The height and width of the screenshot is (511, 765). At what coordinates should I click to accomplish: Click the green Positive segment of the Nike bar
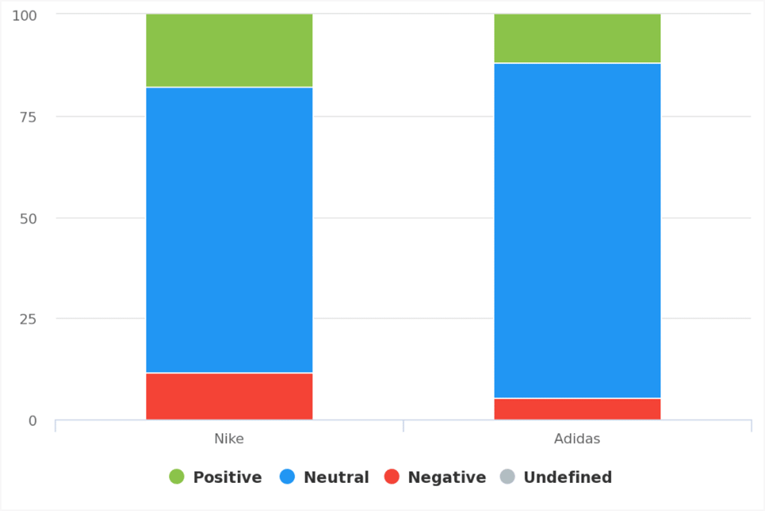[x=229, y=51]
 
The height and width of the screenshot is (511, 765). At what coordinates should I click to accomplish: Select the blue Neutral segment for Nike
[x=229, y=230]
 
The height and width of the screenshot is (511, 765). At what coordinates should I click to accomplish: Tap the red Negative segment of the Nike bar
[x=229, y=396]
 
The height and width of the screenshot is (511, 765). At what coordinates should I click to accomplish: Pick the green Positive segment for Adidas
[x=577, y=38]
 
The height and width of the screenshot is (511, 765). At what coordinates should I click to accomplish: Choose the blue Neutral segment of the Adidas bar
[x=577, y=230]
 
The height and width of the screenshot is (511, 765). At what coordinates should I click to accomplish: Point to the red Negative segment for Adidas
[x=577, y=409]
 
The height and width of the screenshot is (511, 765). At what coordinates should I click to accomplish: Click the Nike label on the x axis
[x=229, y=439]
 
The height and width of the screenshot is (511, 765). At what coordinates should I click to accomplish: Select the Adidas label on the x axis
[x=577, y=439]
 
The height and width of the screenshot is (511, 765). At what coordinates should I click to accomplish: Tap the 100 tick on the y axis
[x=25, y=15]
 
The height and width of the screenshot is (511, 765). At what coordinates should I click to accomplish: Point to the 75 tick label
[x=29, y=117]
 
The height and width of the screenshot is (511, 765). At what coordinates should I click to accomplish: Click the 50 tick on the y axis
[x=29, y=218]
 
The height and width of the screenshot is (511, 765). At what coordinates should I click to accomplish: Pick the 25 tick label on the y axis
[x=29, y=319]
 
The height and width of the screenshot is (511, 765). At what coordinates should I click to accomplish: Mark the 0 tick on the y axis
[x=32, y=421]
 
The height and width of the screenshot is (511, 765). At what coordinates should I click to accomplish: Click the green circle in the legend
[x=177, y=477]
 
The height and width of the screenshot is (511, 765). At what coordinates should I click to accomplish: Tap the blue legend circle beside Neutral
[x=287, y=477]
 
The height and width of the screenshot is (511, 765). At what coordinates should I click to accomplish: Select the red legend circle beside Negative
[x=391, y=477]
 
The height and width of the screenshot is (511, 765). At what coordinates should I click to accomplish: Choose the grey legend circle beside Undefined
[x=507, y=477]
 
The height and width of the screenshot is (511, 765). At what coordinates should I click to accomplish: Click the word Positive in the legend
[x=227, y=478]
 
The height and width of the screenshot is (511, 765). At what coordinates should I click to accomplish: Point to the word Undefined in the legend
[x=567, y=478]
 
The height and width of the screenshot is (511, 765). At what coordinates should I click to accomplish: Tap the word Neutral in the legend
[x=336, y=478]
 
